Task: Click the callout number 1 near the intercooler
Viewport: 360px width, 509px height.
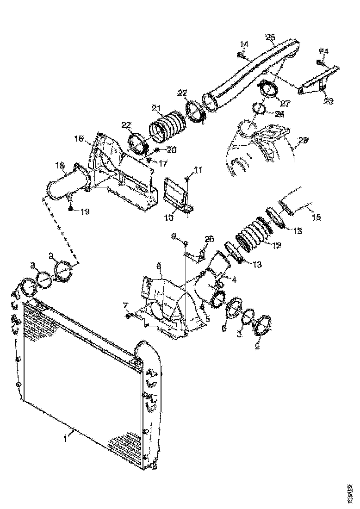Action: pos(67,435)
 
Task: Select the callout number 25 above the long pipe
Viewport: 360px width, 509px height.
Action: pos(271,37)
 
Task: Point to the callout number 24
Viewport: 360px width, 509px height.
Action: pos(323,51)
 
